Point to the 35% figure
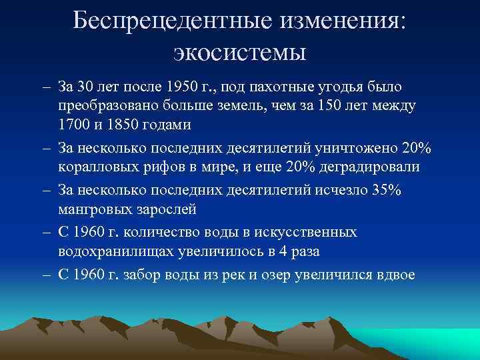[x=386, y=190]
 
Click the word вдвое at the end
[x=393, y=274]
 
